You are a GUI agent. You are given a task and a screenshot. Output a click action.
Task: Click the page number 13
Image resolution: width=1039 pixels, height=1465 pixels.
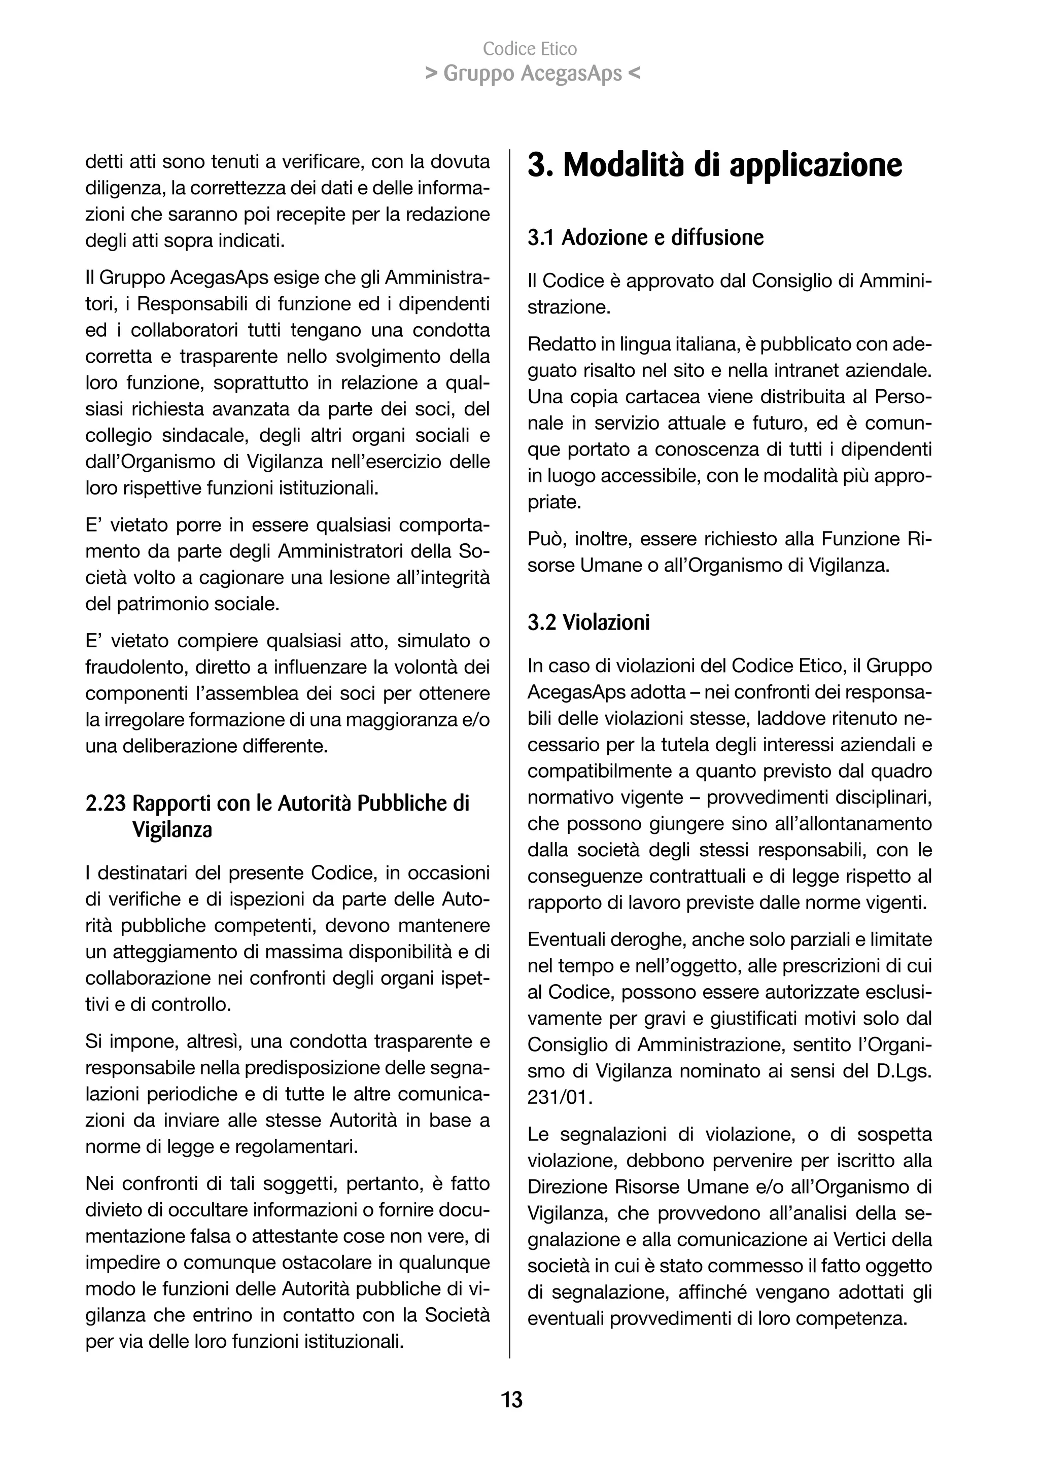512,1399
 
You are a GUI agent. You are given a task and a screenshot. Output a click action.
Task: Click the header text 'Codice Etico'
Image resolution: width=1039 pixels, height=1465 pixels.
530,49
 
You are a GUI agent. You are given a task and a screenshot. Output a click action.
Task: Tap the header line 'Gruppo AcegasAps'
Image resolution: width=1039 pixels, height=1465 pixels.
532,74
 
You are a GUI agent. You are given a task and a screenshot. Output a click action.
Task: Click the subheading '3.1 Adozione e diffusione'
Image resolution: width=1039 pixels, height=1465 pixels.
645,237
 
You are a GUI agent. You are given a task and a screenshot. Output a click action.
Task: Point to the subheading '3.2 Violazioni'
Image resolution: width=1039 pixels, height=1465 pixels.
588,622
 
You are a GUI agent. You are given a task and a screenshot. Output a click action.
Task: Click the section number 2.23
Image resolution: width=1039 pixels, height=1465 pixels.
106,804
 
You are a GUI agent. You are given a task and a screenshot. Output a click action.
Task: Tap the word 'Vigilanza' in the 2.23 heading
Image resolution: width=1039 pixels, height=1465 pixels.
172,830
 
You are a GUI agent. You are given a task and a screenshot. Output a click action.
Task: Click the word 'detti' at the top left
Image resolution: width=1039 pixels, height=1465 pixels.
102,162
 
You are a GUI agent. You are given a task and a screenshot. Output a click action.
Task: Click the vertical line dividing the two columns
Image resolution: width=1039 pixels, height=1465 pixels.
509,768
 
